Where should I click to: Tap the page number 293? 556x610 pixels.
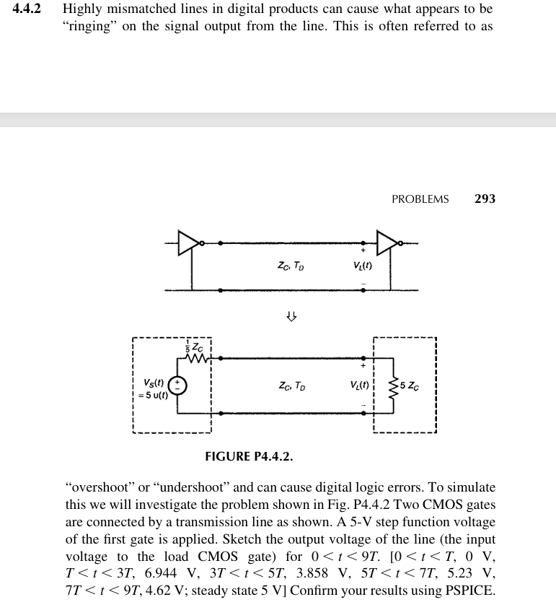coord(485,199)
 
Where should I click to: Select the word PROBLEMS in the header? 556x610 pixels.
coord(420,199)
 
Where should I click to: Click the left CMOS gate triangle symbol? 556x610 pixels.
coord(189,243)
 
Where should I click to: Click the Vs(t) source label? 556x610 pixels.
coord(153,382)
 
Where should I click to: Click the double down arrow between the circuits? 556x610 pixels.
coord(291,315)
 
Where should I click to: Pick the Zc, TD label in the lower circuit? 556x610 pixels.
coord(291,386)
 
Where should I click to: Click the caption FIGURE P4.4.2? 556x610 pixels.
coord(249,456)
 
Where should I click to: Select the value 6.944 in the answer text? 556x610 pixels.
coord(162,575)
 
